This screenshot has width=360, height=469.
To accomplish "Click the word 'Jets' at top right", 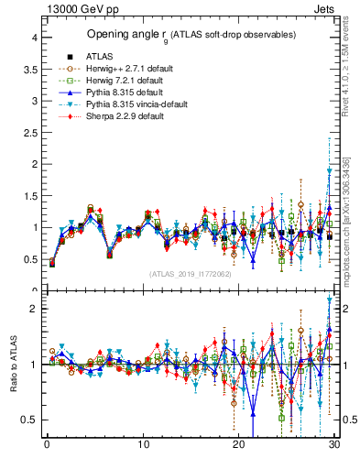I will [x=325, y=8].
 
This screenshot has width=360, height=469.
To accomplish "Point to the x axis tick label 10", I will [x=142, y=444].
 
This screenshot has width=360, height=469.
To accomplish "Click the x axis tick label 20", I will [x=238, y=444].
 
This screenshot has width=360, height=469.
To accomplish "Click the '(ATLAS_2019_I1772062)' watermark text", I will [x=190, y=274].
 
